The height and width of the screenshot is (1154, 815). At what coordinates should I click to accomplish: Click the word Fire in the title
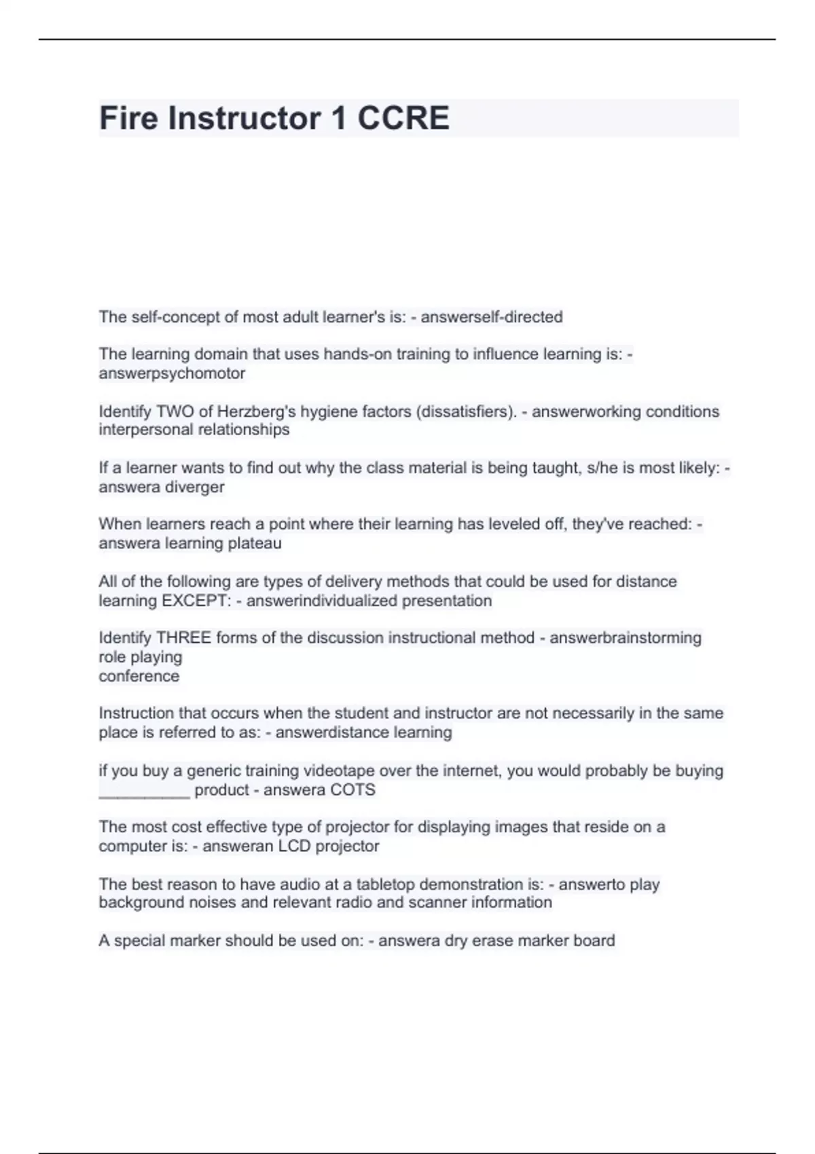pos(128,118)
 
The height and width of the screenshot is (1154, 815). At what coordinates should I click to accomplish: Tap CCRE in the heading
pos(403,118)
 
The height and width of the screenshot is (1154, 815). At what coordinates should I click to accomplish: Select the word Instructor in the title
pos(244,118)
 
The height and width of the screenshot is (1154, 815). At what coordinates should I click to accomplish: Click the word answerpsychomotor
pos(172,373)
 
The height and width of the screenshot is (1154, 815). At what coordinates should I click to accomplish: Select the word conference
pos(139,676)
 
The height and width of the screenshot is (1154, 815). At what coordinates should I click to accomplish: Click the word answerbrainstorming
pos(626,638)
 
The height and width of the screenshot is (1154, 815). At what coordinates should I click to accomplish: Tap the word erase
pos(498,941)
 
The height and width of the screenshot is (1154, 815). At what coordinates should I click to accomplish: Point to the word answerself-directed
pos(492,317)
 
